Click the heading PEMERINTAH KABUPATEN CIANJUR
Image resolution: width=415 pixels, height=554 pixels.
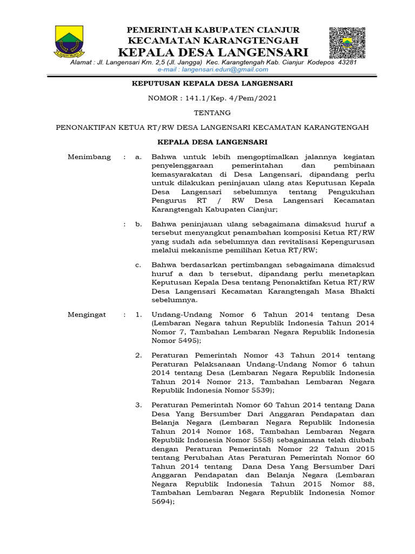(213, 30)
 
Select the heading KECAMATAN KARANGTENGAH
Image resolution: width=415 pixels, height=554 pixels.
(213, 41)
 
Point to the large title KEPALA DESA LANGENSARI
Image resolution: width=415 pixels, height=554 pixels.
(213, 52)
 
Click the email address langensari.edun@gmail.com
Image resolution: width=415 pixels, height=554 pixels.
(213, 69)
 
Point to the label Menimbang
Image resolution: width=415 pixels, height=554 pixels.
(89, 157)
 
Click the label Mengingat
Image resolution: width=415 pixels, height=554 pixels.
(87, 314)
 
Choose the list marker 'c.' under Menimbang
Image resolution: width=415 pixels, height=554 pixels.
(139, 265)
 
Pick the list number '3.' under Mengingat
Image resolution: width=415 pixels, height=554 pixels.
(138, 405)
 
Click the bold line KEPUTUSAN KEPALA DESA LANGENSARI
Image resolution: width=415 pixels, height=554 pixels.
(213, 83)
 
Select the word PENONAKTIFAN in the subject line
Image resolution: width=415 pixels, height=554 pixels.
(88, 128)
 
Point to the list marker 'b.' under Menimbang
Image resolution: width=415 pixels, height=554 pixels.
(139, 223)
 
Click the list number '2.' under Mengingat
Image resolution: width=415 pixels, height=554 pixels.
(138, 355)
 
